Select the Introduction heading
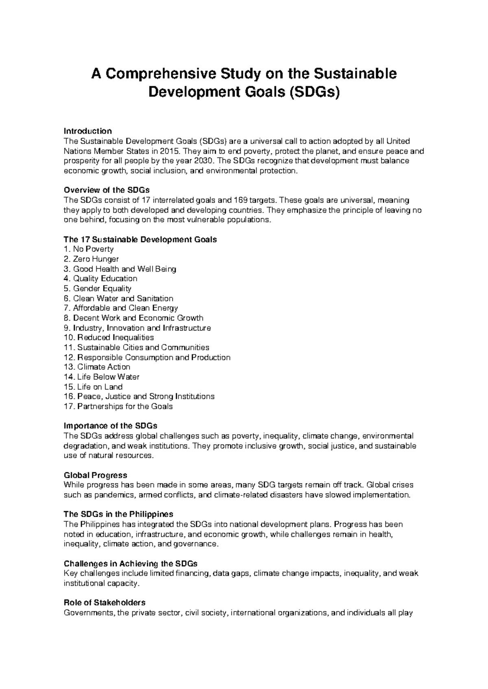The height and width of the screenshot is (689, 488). [x=88, y=131]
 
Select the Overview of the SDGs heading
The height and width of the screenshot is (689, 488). [x=107, y=190]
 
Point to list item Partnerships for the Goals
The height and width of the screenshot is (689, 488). [x=118, y=407]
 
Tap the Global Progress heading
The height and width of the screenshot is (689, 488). [x=96, y=475]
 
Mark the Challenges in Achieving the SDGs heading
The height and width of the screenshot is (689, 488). [x=131, y=564]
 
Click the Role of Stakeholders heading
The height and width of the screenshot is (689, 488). [x=105, y=602]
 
